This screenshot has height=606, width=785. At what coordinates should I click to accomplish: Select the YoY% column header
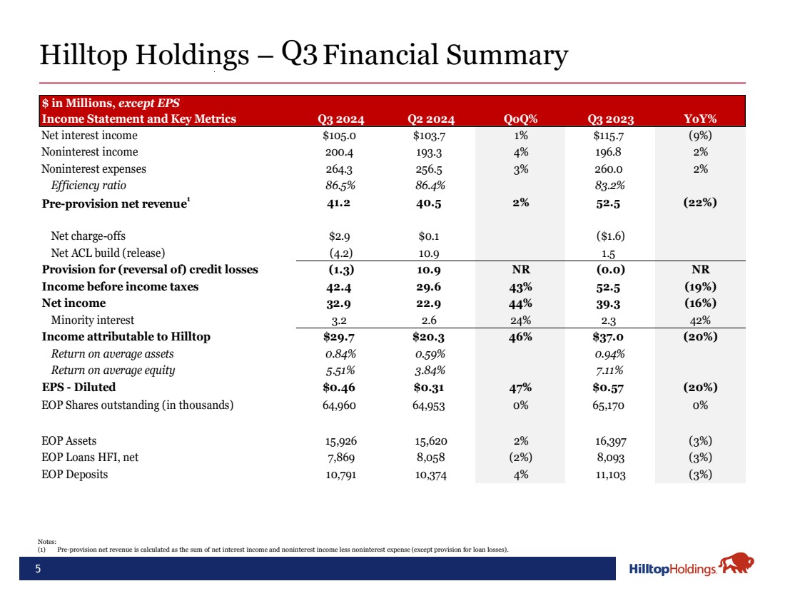tap(699, 118)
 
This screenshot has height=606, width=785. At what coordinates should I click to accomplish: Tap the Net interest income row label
tap(89, 135)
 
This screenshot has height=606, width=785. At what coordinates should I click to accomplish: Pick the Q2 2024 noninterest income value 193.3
tap(432, 152)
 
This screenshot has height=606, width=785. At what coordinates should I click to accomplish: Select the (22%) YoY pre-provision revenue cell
tap(699, 203)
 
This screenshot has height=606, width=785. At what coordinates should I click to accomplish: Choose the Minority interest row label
tap(93, 320)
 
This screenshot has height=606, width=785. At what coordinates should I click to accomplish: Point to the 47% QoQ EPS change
tap(520, 388)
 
